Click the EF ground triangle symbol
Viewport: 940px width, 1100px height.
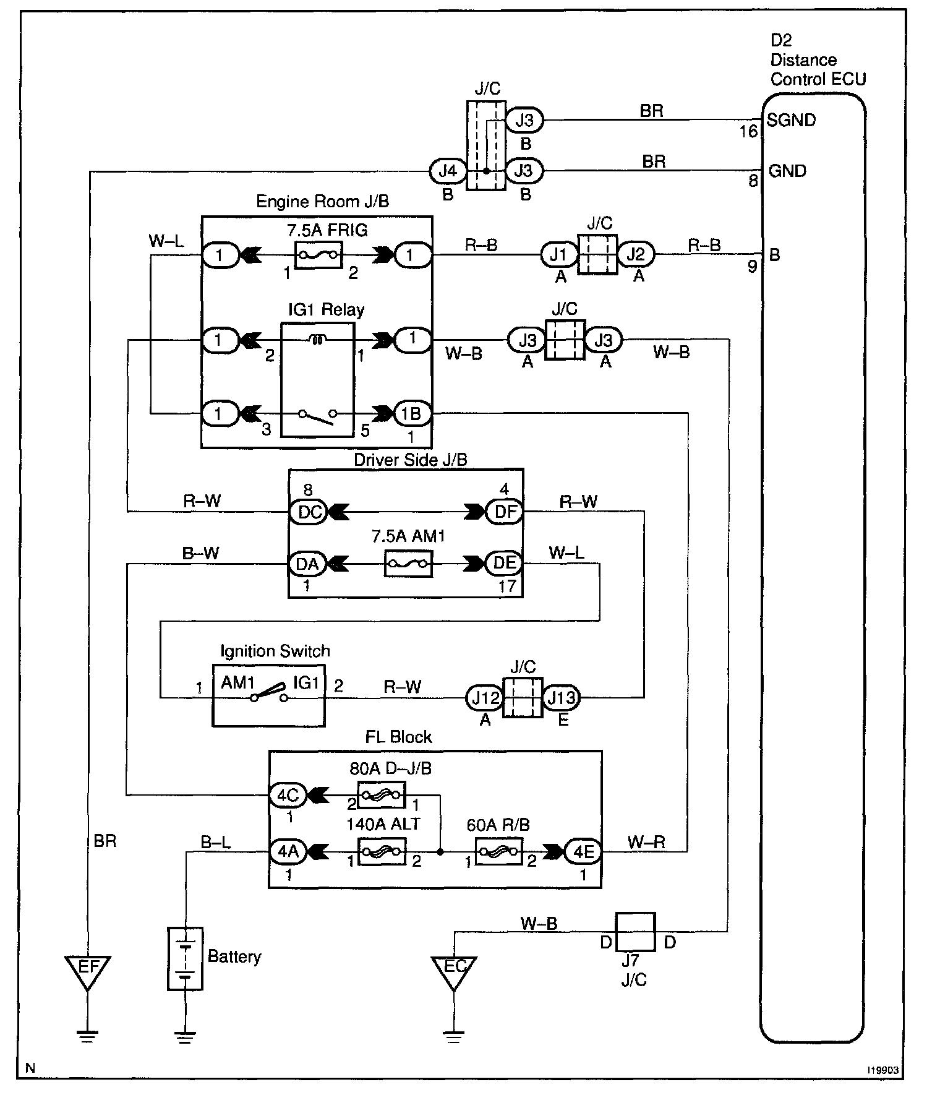87,969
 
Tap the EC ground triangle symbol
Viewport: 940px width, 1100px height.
453,969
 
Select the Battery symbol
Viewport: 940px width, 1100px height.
185,958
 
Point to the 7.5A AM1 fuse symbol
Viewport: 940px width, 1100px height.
408,564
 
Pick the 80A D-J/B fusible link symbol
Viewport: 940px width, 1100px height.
382,795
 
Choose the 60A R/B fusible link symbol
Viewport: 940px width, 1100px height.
498,852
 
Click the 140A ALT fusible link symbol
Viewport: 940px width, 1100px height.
382,852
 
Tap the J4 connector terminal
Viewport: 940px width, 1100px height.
447,171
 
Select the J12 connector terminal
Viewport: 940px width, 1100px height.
485,698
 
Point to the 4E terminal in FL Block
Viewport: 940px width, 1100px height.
583,852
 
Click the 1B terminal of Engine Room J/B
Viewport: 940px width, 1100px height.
411,413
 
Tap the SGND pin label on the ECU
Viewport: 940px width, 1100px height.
791,120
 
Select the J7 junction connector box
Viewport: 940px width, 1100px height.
635,931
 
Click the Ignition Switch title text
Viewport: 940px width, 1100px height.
275,651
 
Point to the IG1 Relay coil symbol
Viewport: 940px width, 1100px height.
318,339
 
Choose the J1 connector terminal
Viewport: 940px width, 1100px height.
558,254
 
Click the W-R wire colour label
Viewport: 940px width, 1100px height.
646,841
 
